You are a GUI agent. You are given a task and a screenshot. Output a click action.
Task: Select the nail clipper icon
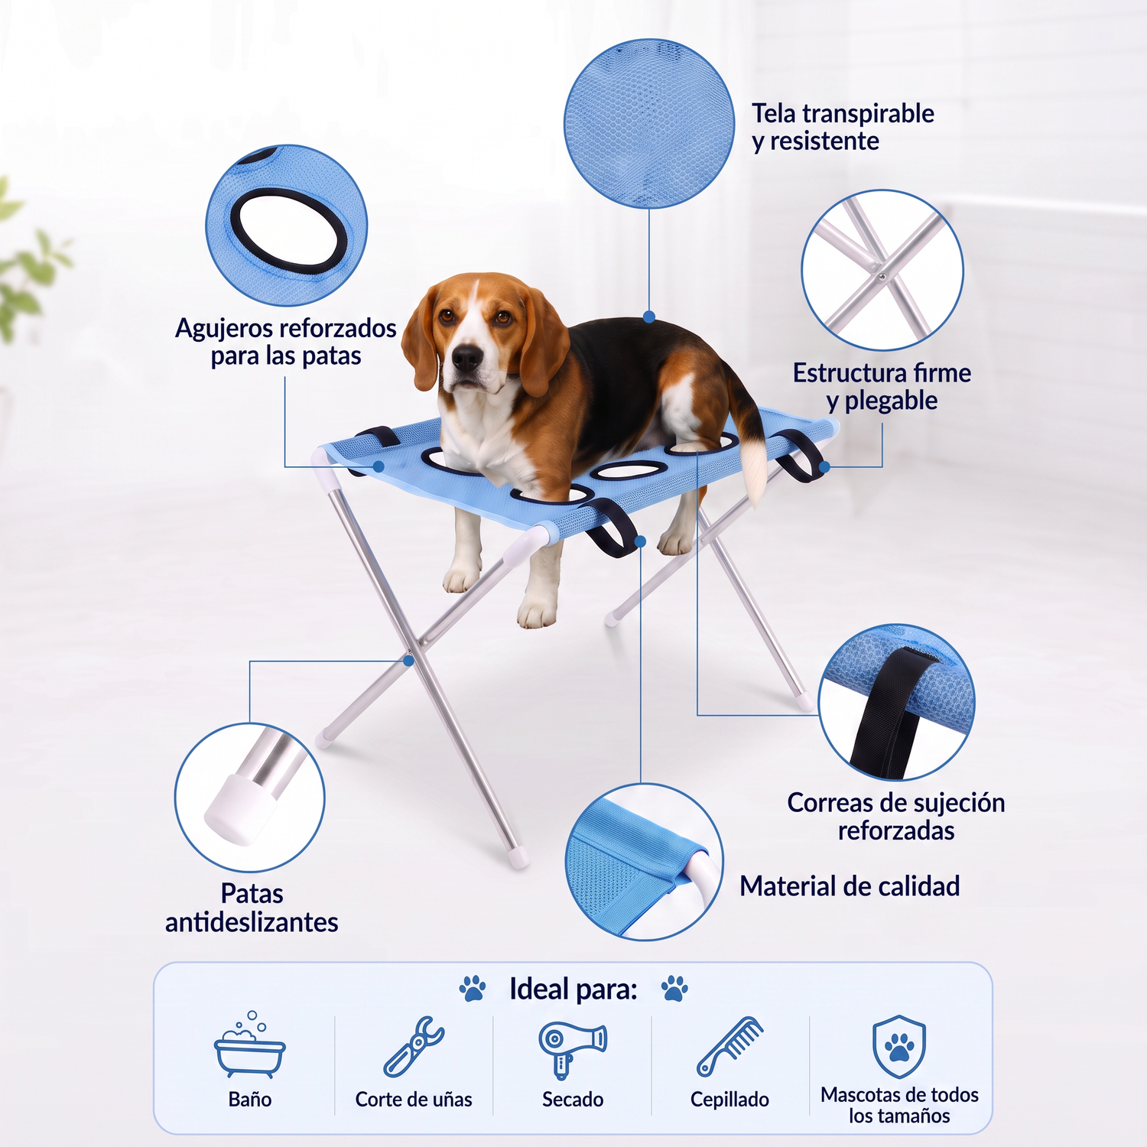tap(414, 1046)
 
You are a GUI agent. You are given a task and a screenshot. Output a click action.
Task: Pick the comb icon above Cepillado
tap(730, 1046)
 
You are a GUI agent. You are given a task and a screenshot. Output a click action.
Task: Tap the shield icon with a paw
tap(899, 1047)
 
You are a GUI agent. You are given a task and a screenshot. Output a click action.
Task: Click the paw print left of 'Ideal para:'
tap(473, 988)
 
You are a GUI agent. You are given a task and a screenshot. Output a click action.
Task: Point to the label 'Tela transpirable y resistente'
tap(843, 128)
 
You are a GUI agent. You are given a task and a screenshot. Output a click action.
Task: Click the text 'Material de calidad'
tap(850, 886)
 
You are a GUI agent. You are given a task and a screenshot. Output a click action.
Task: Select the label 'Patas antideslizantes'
tap(252, 908)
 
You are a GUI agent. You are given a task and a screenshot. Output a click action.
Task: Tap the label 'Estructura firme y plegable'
tap(882, 387)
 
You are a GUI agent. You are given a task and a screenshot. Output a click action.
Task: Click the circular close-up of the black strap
tap(896, 702)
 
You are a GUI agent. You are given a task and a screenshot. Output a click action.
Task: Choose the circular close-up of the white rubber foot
tap(250, 797)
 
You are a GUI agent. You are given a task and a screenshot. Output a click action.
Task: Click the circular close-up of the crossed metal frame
tap(882, 271)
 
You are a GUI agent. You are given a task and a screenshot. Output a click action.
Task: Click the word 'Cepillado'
tap(729, 1100)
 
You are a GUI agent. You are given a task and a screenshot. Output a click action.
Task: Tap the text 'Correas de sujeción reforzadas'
tap(896, 817)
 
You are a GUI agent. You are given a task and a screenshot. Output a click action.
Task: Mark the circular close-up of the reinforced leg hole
tap(287, 226)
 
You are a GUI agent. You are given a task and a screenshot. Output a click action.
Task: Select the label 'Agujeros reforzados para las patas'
tap(286, 342)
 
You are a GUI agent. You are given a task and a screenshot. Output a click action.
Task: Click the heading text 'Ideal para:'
tap(573, 989)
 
